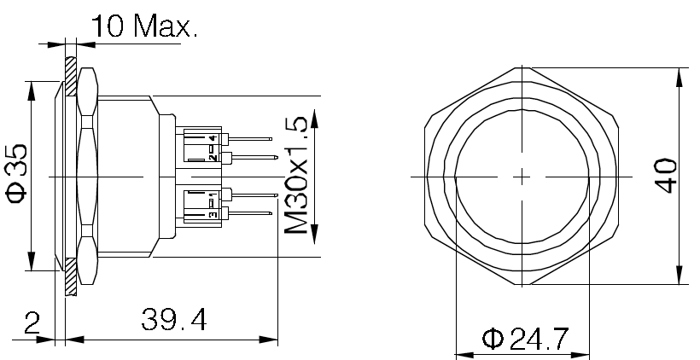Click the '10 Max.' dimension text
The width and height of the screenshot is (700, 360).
tap(143, 26)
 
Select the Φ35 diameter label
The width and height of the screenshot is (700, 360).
tap(17, 173)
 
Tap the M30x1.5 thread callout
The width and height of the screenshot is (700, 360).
tap(296, 175)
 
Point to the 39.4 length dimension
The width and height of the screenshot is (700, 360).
tap(173, 320)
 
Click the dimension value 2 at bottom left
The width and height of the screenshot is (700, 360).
tap(32, 323)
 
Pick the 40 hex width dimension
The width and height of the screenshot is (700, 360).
tap(665, 176)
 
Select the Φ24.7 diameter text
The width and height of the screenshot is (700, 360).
tap(525, 340)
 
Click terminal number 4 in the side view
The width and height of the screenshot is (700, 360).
tap(213, 138)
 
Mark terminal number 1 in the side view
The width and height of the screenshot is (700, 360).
tap(213, 195)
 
